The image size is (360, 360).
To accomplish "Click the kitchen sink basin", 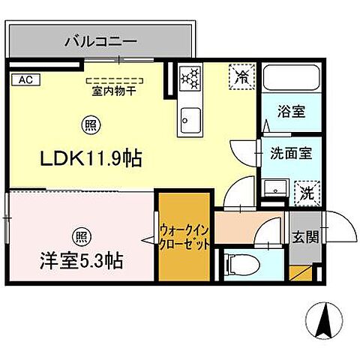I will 190,119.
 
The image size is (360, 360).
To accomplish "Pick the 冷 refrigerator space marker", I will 241,76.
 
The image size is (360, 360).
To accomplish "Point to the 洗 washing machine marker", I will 306,191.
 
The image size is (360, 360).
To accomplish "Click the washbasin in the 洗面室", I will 274,188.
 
